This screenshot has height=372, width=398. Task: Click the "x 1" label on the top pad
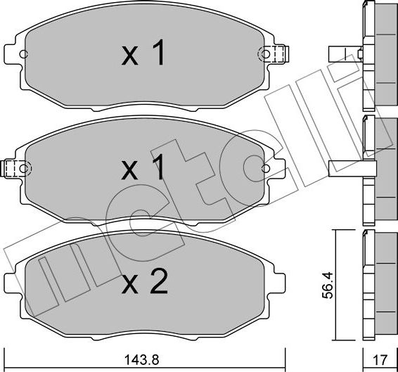point(143,54)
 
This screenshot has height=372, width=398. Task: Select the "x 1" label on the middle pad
point(143,169)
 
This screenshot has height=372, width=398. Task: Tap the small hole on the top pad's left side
point(23,54)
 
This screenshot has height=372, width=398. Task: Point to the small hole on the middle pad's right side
point(265,169)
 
